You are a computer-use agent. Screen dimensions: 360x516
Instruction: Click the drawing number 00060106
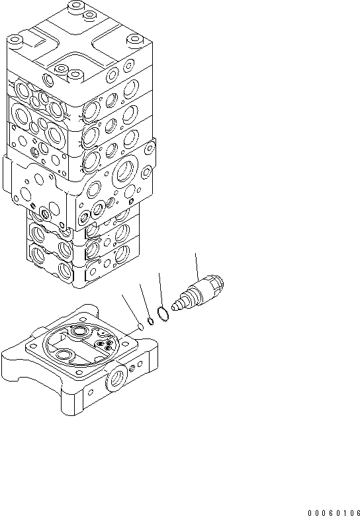point(334,513)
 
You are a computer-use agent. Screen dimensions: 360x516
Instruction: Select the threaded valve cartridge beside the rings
point(198,293)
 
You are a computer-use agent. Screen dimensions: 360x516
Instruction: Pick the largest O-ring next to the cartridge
point(163,313)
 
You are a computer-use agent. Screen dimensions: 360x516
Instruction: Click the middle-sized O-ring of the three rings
point(150,321)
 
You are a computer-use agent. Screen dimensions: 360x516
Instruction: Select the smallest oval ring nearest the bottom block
point(140,327)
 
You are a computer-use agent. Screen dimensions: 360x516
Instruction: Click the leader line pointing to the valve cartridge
point(197,266)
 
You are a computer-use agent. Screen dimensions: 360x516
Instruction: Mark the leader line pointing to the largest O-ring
point(160,290)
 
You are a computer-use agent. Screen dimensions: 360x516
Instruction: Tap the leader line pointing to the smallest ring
point(130,309)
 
